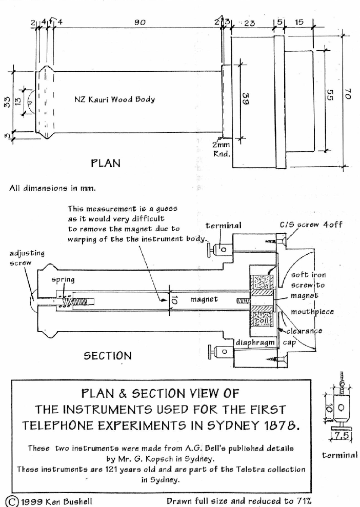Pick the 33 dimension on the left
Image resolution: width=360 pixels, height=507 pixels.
(x=7, y=100)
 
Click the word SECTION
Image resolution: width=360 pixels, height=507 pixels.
(x=108, y=355)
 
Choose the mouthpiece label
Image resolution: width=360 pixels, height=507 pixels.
(x=305, y=312)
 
